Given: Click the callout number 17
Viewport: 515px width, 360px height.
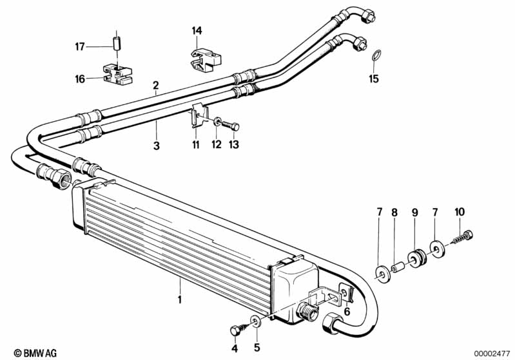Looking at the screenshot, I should click(x=80, y=46).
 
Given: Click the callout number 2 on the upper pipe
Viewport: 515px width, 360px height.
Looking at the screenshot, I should click(x=155, y=85).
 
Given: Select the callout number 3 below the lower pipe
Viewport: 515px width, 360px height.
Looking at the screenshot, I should click(x=156, y=146).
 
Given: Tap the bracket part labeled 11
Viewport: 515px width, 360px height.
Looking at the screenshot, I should click(x=196, y=117).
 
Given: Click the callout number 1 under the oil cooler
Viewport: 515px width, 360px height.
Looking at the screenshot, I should click(x=180, y=299).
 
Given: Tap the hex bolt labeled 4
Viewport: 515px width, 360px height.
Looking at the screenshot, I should click(x=235, y=330).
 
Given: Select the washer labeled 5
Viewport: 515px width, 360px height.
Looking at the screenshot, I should click(x=256, y=320).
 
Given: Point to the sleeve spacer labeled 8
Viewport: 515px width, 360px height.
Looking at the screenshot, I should click(x=397, y=266).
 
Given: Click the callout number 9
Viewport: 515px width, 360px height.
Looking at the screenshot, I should click(x=415, y=211).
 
